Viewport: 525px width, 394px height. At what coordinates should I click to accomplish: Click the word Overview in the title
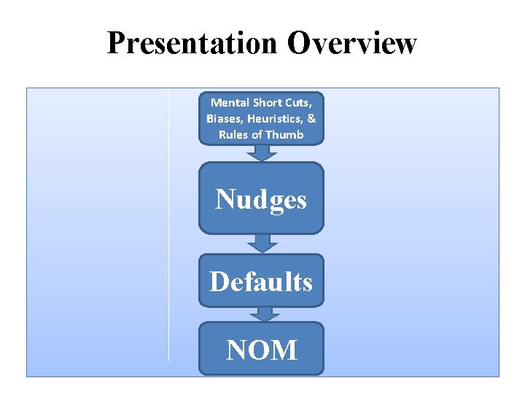351,44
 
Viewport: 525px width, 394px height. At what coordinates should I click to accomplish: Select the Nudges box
261,198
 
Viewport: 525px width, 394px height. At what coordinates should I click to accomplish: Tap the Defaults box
261,281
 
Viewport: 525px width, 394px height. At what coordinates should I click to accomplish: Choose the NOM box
261,349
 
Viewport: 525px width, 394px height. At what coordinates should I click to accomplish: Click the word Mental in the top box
230,102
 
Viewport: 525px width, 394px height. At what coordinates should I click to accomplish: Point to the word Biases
224,118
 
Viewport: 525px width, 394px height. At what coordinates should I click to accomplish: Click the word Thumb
284,134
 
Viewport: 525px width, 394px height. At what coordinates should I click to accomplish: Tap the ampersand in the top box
311,118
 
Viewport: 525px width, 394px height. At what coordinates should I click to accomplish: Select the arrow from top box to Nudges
261,152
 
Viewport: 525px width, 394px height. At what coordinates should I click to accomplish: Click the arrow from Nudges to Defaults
261,243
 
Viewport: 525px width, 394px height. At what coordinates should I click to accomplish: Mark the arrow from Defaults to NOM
261,314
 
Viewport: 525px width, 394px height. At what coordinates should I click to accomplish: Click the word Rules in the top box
233,134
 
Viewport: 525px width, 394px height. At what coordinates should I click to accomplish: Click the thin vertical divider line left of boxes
168,226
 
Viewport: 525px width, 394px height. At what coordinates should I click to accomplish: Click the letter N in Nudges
224,198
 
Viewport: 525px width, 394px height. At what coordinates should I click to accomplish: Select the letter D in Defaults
218,281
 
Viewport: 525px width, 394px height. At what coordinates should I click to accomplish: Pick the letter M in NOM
285,349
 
